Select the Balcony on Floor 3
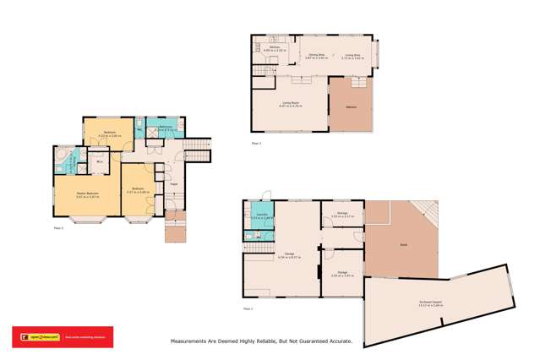coord(351,106)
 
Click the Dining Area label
coord(318,56)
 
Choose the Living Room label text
coord(291,103)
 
